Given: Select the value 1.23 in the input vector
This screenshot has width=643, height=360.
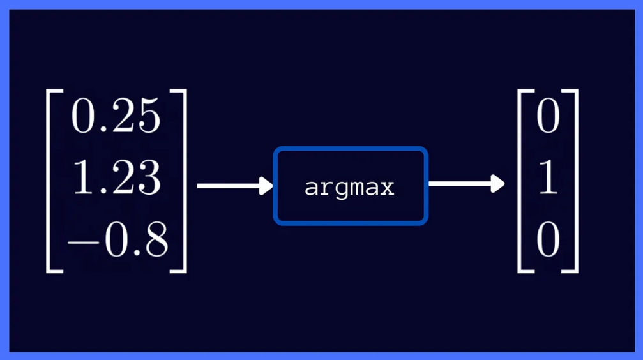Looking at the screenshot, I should pyautogui.click(x=116, y=179).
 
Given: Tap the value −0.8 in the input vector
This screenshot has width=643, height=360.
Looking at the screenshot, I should pyautogui.click(x=117, y=241).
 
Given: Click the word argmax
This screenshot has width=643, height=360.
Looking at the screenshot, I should pyautogui.click(x=349, y=188).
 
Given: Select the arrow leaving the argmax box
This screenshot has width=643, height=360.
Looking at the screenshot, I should pyautogui.click(x=465, y=184).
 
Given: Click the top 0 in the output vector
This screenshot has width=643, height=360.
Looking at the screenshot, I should pyautogui.click(x=548, y=118).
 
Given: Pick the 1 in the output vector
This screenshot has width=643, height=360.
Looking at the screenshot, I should pyautogui.click(x=548, y=179).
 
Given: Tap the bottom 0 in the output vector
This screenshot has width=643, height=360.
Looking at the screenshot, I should pyautogui.click(x=548, y=241).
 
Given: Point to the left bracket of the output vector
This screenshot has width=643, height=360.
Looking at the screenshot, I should pyautogui.click(x=523, y=182).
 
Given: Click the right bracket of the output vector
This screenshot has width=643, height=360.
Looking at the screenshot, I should pyautogui.click(x=573, y=182).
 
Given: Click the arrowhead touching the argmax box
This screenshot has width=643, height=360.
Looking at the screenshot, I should pyautogui.click(x=266, y=186).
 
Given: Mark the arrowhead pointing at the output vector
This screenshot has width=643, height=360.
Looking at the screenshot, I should pyautogui.click(x=497, y=184).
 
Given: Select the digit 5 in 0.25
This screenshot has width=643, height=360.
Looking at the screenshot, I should pyautogui.click(x=148, y=118).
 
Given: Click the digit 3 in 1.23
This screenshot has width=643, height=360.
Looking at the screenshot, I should pyautogui.click(x=148, y=179).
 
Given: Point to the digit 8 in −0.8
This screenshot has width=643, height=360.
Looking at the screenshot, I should pyautogui.click(x=155, y=241).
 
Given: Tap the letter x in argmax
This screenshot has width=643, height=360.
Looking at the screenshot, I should pyautogui.click(x=387, y=188).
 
